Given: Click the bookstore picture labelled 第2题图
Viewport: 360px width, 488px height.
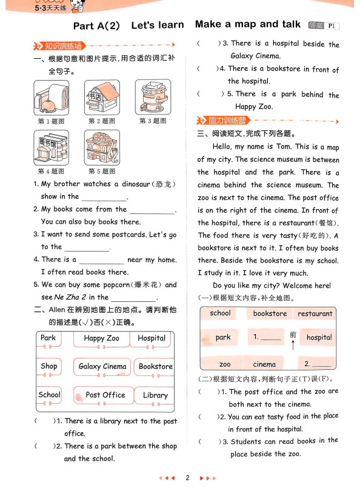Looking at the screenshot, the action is [102, 98].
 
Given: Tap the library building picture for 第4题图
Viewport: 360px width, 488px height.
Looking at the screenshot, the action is [52, 147].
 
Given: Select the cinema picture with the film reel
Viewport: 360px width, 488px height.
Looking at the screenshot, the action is [102, 147].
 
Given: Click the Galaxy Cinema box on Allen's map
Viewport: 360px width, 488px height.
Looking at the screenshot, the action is [102, 367].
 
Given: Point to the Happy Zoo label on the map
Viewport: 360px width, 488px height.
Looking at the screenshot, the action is [101, 338].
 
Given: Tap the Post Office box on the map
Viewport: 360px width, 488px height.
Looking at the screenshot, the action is [104, 395].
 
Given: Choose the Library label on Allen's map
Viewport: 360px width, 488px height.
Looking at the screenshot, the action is [155, 395].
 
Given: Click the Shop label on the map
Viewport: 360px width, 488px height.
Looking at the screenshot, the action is [49, 366].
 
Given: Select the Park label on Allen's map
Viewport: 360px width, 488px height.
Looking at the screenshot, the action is [48, 338].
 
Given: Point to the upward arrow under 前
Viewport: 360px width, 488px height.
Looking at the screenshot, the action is [293, 345].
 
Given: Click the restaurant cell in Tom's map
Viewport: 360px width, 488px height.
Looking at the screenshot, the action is [315, 314].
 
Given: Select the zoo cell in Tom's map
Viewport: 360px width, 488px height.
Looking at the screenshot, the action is [225, 364].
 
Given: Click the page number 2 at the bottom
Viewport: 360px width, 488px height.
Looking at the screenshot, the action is [187, 478].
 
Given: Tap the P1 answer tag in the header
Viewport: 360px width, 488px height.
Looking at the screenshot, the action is [332, 26].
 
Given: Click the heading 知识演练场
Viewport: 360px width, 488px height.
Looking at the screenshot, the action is [63, 46].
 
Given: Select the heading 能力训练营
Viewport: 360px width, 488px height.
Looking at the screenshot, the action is [227, 121].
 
